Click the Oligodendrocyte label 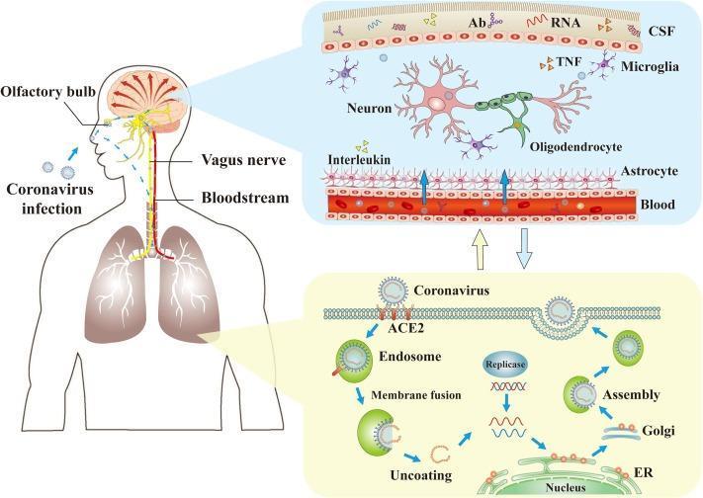coord(579,146)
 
